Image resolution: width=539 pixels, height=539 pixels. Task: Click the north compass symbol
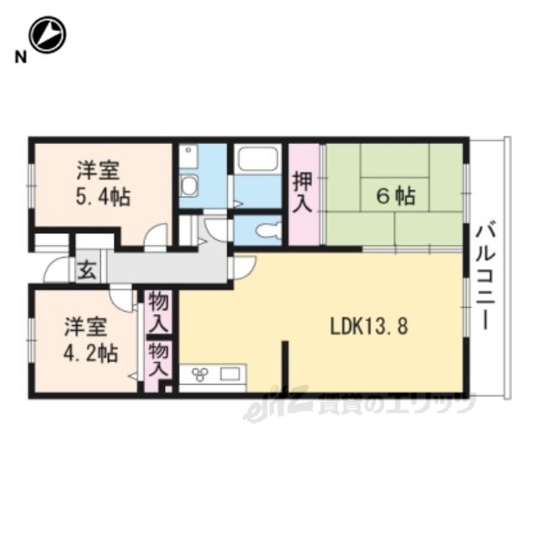[47, 35]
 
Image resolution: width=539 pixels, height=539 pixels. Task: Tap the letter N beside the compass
[20, 57]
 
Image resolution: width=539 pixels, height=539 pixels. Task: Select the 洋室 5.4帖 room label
[103, 184]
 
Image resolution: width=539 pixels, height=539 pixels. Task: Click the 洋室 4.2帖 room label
[91, 340]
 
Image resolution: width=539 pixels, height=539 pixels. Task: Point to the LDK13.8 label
[369, 326]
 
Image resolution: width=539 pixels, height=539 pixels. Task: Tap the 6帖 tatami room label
[396, 196]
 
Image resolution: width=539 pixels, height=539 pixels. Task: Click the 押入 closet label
[302, 193]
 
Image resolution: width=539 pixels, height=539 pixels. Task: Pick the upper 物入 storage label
[159, 312]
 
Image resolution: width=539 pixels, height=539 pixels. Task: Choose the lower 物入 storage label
[158, 360]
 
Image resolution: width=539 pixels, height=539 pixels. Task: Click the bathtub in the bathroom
[258, 158]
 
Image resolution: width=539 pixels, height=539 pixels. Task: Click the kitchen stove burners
[200, 375]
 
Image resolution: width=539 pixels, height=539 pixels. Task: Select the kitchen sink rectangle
[230, 374]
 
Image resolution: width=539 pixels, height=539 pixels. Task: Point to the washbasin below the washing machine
[189, 185]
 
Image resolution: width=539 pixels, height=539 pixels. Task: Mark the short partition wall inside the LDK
[285, 366]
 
